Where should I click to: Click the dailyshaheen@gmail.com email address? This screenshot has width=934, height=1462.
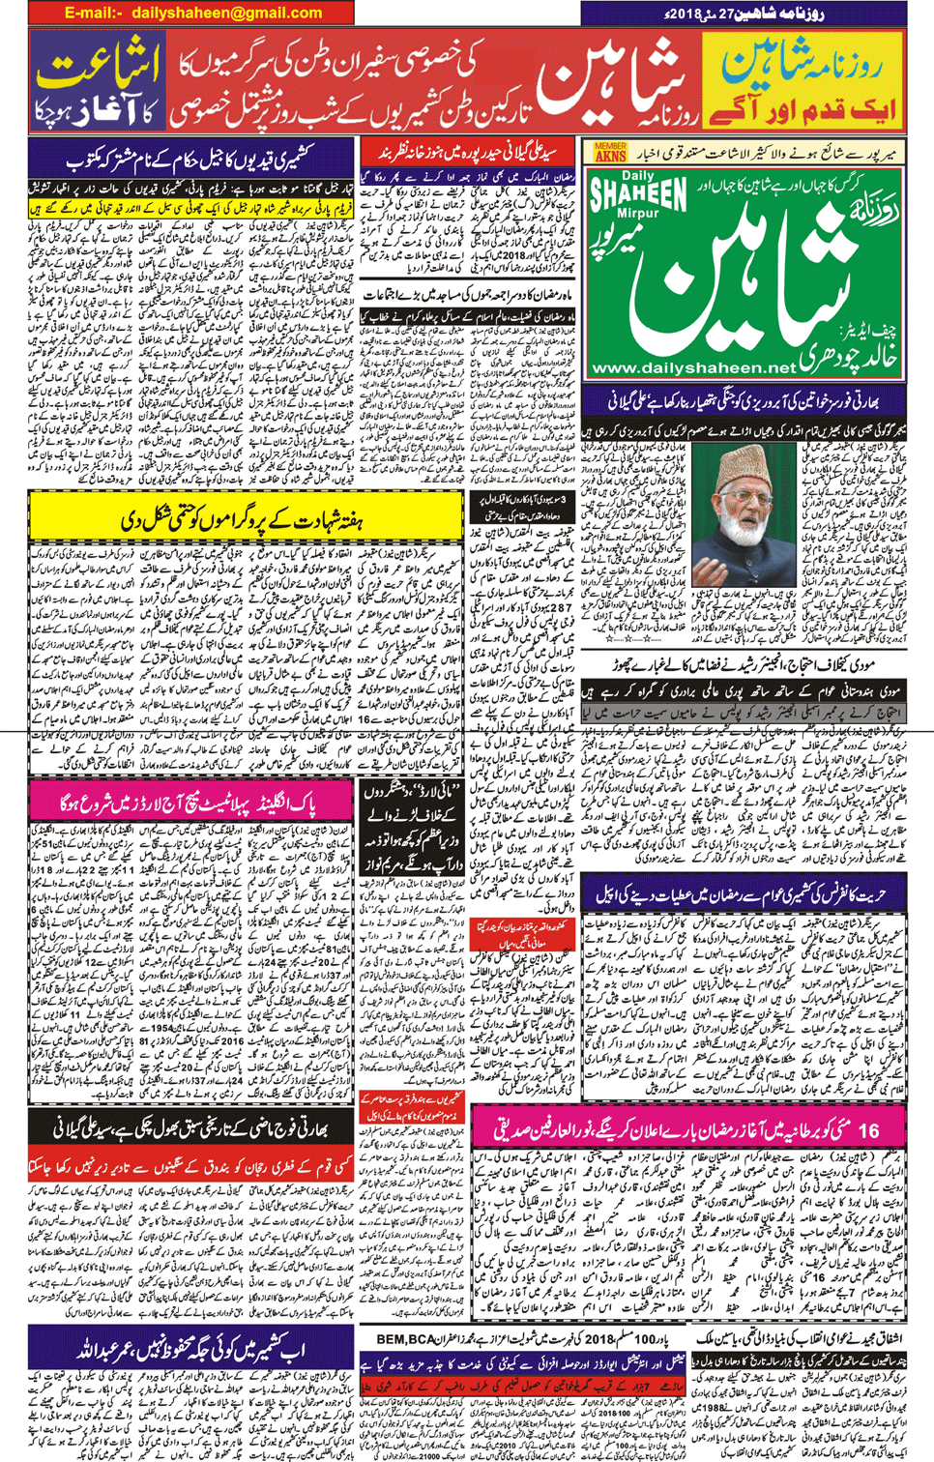(x=226, y=13)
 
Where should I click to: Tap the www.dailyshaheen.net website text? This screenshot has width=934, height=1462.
(x=693, y=368)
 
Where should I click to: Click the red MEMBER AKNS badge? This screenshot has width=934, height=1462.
(x=610, y=152)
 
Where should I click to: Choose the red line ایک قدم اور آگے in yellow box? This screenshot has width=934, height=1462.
(x=803, y=109)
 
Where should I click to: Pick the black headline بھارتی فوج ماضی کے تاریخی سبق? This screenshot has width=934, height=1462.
(x=193, y=1127)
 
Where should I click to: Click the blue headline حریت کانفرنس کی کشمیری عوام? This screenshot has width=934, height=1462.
(x=744, y=894)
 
